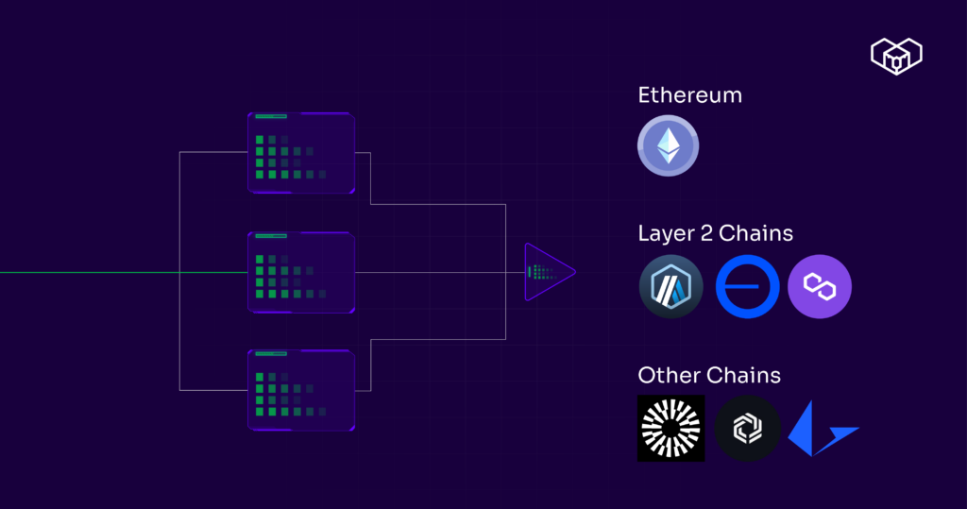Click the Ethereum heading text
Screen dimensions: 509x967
(689, 95)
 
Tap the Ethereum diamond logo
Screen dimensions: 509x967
(669, 145)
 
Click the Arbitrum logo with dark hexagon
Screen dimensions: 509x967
(671, 286)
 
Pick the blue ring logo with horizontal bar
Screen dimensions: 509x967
(747, 286)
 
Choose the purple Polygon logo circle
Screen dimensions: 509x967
(820, 286)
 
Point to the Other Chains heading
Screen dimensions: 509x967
(709, 375)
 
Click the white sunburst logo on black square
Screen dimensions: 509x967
(670, 428)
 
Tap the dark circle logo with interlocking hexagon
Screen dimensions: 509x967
(747, 428)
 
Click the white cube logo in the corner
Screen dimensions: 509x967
(896, 57)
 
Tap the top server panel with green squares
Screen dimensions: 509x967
(301, 153)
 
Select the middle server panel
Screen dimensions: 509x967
(301, 272)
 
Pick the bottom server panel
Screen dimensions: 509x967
(301, 390)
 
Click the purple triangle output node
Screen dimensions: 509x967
(546, 272)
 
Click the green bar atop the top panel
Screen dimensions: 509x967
(270, 117)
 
